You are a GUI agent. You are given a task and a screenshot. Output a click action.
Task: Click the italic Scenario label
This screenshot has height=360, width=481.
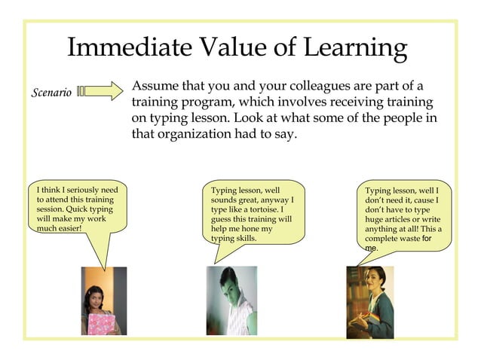point(51,93)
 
